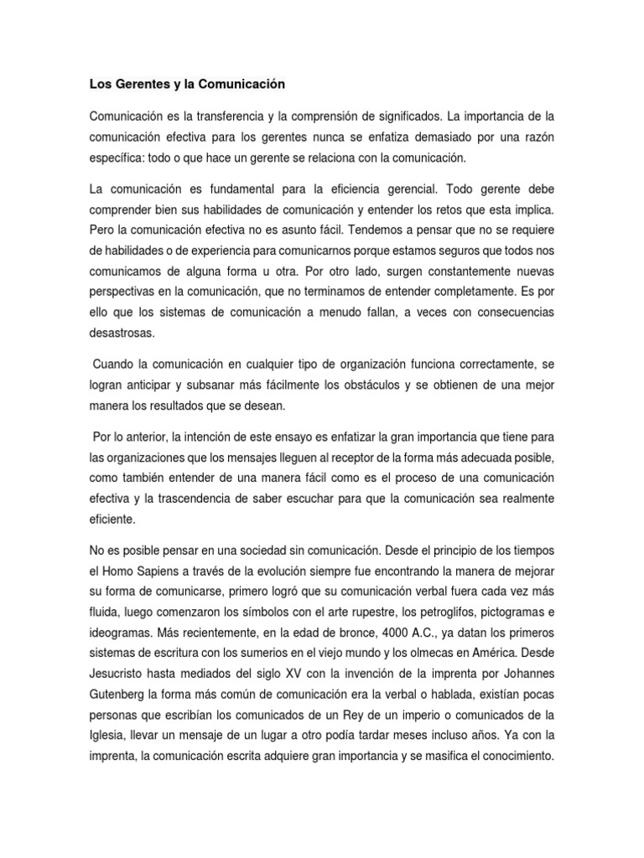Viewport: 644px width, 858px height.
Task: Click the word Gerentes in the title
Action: tap(141, 85)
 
